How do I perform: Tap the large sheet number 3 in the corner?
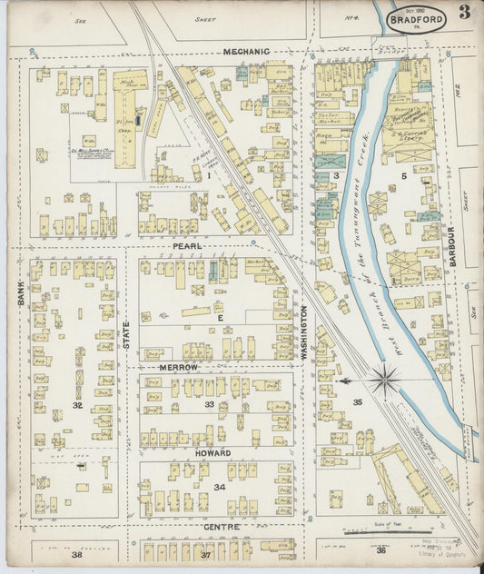click(x=464, y=12)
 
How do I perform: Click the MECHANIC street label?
click(x=247, y=52)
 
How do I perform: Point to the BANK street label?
click(x=19, y=292)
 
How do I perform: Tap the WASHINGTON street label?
click(x=304, y=332)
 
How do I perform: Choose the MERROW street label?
click(x=179, y=366)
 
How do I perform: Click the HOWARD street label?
click(x=212, y=452)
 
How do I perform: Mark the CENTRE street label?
click(x=221, y=527)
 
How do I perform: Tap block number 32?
click(x=78, y=405)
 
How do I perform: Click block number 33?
click(x=209, y=404)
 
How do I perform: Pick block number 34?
click(x=218, y=487)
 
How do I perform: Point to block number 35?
click(x=357, y=401)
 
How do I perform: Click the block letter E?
click(x=219, y=319)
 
